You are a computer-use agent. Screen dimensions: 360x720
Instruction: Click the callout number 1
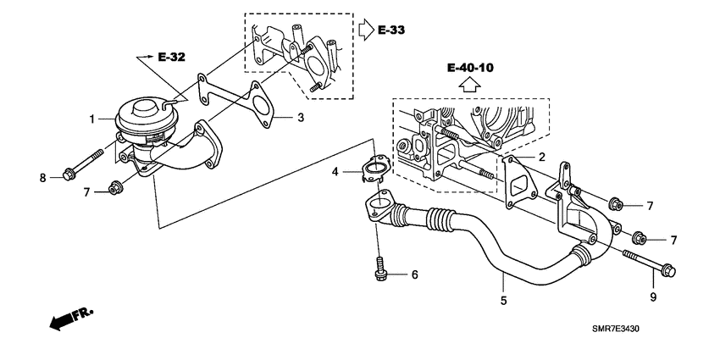tap(90, 119)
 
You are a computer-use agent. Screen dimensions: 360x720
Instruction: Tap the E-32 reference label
tap(171, 57)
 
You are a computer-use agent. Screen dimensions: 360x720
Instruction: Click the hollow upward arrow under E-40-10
tap(472, 85)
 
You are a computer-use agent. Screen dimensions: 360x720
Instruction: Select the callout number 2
tap(543, 158)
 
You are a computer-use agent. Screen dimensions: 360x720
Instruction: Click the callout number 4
tap(335, 172)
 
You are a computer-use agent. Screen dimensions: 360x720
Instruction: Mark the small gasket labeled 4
tap(372, 172)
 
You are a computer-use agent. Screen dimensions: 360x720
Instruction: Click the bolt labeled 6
tap(380, 269)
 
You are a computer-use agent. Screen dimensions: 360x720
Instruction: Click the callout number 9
tap(653, 296)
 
